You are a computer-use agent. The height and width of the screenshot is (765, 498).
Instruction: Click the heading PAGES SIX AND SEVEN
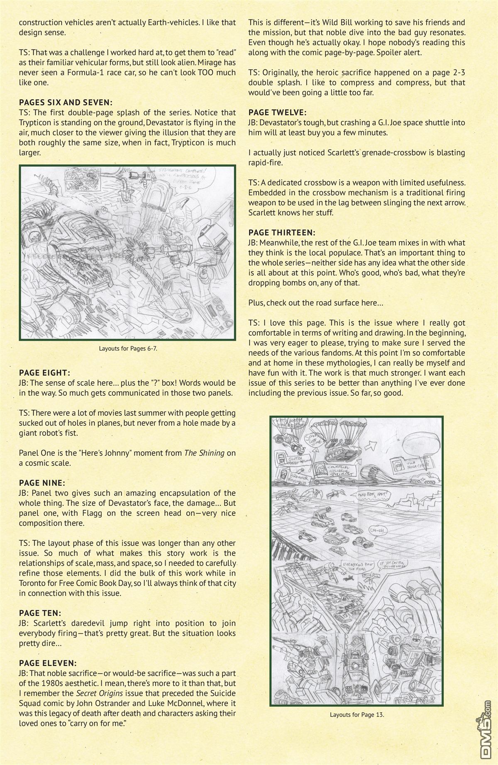point(66,102)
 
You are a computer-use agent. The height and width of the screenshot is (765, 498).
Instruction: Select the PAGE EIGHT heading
point(44,373)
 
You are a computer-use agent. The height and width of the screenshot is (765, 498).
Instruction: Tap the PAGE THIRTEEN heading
point(282,233)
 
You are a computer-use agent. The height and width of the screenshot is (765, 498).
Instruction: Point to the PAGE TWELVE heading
point(277,112)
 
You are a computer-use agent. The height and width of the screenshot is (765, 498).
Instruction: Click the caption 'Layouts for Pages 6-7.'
point(128,348)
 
